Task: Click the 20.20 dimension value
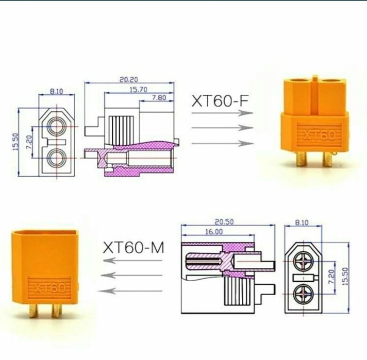click(x=129, y=80)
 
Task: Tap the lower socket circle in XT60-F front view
click(x=56, y=157)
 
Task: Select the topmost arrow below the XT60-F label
click(x=222, y=116)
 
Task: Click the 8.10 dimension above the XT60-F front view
click(x=56, y=91)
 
